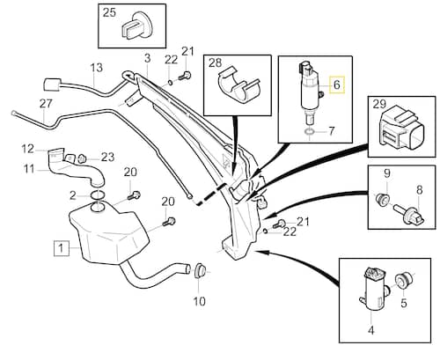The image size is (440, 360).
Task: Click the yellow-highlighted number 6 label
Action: pyautogui.click(x=334, y=86)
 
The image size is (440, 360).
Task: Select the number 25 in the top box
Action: pyautogui.click(x=109, y=12)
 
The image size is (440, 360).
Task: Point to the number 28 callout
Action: pyautogui.click(x=216, y=62)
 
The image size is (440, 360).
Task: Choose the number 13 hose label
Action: pyautogui.click(x=96, y=67)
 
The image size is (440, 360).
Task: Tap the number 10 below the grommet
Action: pyautogui.click(x=198, y=300)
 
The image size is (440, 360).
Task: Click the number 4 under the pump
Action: pyautogui.click(x=370, y=331)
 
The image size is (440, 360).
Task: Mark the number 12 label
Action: pyautogui.click(x=28, y=148)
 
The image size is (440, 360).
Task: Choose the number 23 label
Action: pyautogui.click(x=107, y=158)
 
